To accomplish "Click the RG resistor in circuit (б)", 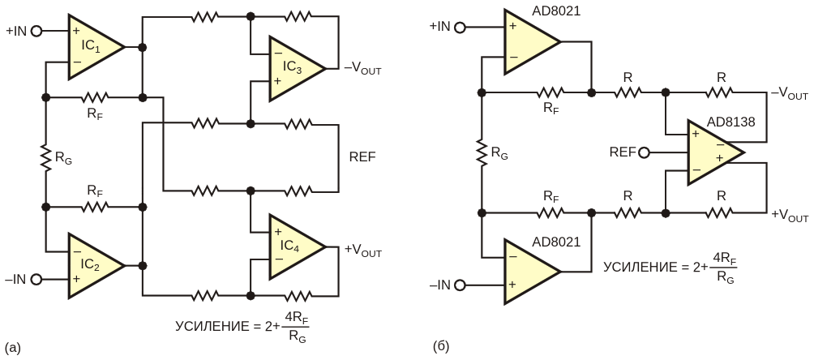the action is pyautogui.click(x=482, y=152).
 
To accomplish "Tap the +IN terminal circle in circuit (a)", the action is pyautogui.click(x=36, y=31).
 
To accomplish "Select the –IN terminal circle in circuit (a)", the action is pyautogui.click(x=36, y=280).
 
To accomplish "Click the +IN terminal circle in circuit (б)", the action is pyautogui.click(x=460, y=27).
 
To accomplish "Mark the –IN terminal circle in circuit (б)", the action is pyautogui.click(x=460, y=285).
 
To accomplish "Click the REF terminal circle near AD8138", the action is pyautogui.click(x=644, y=152).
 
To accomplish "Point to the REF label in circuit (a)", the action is pyautogui.click(x=363, y=156).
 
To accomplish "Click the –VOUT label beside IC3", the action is pyautogui.click(x=362, y=69).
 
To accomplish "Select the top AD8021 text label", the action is pyautogui.click(x=556, y=11).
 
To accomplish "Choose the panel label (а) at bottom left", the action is pyautogui.click(x=13, y=346).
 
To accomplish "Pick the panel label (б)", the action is pyautogui.click(x=441, y=346).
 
